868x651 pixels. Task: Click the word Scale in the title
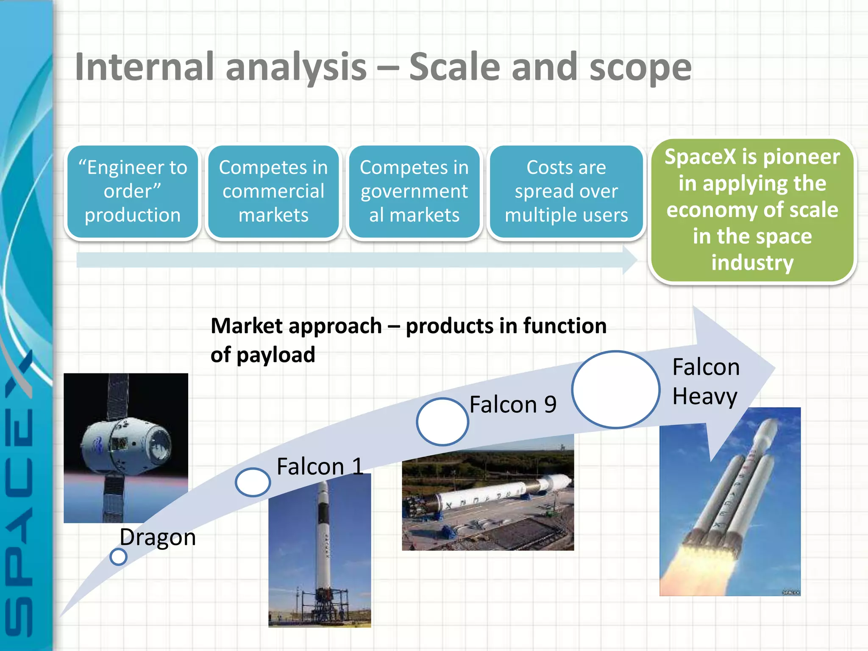click(x=455, y=67)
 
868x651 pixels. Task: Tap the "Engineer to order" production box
click(x=133, y=192)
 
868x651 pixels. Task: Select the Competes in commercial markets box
click(x=273, y=192)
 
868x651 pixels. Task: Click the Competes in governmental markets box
click(x=414, y=192)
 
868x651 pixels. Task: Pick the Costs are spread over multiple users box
click(x=566, y=192)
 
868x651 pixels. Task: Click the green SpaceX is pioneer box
click(x=752, y=210)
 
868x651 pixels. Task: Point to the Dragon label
click(x=158, y=537)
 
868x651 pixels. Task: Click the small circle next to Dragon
click(x=118, y=556)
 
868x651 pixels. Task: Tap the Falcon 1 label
click(x=320, y=467)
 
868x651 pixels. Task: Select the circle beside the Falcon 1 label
click(x=253, y=482)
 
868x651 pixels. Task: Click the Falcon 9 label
click(x=513, y=404)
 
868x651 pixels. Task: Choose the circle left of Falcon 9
click(x=442, y=422)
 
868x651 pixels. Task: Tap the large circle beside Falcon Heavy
click(x=615, y=389)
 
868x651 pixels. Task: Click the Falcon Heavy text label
click(x=706, y=381)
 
